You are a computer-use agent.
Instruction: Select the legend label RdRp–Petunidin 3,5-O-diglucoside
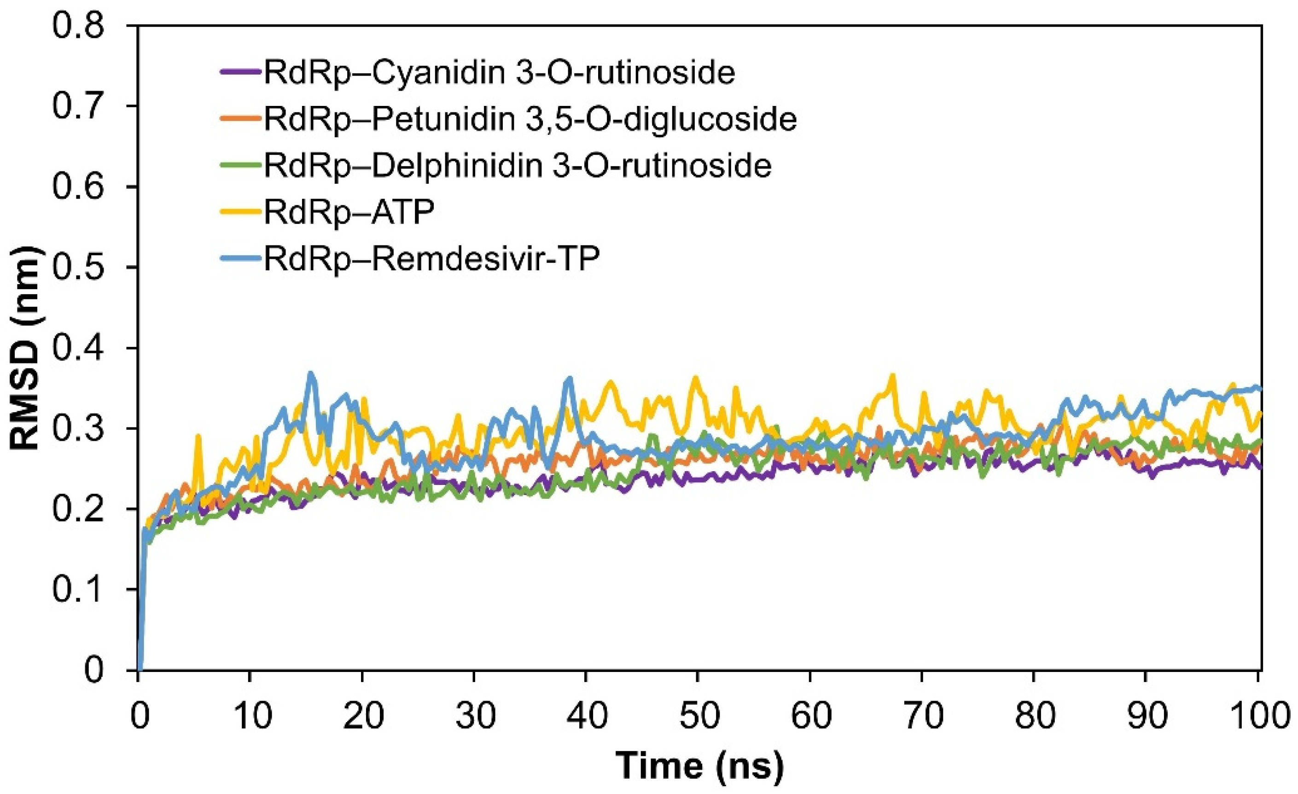(x=530, y=119)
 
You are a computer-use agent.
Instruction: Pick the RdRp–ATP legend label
(x=349, y=212)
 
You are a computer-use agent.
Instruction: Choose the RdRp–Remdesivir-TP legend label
(x=431, y=258)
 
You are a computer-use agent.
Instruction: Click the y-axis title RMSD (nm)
(x=25, y=348)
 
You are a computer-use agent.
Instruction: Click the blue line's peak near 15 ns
(x=310, y=373)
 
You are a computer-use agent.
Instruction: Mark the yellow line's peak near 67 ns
(x=892, y=375)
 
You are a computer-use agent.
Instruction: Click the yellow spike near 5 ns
(x=198, y=435)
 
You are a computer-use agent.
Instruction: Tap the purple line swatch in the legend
(x=241, y=72)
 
